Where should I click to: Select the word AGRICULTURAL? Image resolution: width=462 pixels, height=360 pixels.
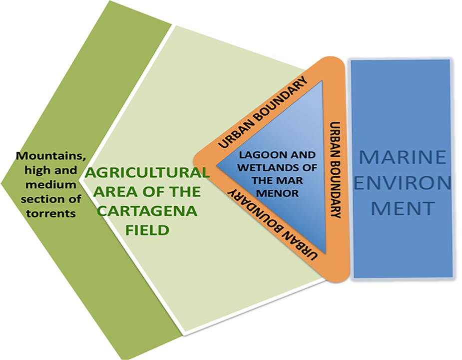[x=147, y=173]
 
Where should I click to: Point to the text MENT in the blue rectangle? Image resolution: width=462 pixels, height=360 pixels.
[x=403, y=207]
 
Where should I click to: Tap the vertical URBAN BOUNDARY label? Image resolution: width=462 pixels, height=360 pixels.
[x=336, y=170]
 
